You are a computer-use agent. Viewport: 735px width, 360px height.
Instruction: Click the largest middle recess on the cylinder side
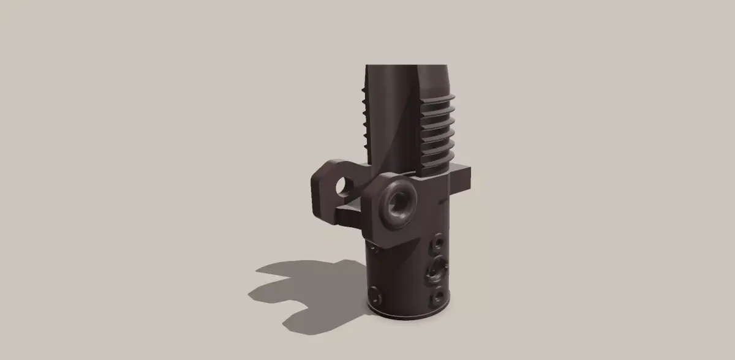(439, 268)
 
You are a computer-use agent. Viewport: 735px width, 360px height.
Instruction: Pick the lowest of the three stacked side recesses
(437, 299)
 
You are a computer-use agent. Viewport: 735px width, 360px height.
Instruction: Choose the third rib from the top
(439, 122)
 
